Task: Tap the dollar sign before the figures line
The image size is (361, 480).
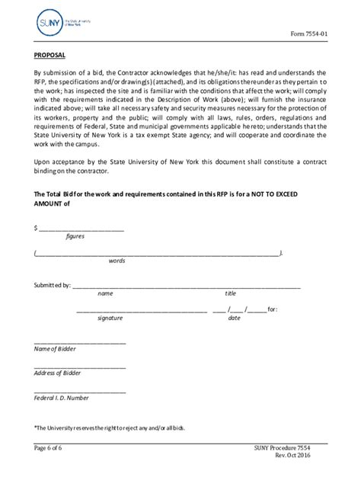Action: [36, 227]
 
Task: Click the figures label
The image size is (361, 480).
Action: [75, 236]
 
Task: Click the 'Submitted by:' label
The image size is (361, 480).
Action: [52, 286]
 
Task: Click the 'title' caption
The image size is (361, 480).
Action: [230, 294]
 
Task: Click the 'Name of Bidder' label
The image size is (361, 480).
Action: [55, 349]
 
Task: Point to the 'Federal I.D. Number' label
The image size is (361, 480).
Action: [62, 398]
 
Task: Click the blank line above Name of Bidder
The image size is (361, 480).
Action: [80, 342]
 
